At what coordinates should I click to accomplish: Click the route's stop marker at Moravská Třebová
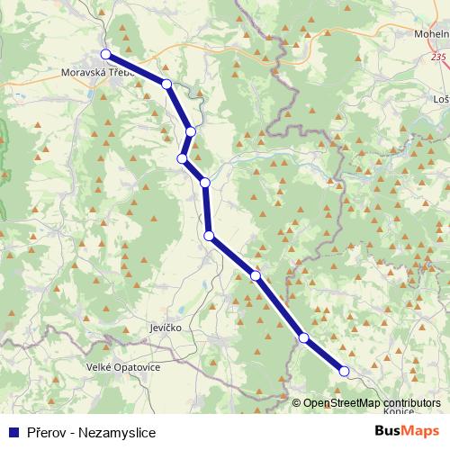(105, 54)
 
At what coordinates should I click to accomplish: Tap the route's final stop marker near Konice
(343, 371)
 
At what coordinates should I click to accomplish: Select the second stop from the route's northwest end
(166, 84)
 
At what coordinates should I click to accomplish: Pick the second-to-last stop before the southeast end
(304, 338)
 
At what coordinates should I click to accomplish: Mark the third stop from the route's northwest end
(191, 131)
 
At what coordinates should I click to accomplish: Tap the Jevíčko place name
(165, 328)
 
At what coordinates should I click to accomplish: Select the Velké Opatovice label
(122, 367)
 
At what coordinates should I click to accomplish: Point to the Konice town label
(399, 410)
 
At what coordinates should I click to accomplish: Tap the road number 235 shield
(438, 57)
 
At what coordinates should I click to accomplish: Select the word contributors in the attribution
(411, 403)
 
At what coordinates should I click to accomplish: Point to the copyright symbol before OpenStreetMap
(297, 403)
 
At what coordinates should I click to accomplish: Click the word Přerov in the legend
(45, 429)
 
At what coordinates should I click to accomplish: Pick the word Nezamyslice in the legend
(112, 429)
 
